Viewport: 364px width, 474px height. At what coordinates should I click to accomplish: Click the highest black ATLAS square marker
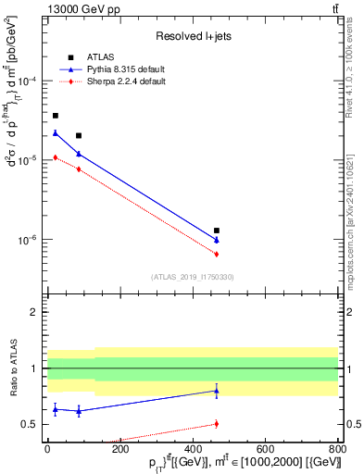point(56,116)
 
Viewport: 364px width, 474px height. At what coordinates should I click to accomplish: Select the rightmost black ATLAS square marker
point(217,231)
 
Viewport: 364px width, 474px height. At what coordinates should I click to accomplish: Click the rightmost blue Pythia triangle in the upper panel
point(217,241)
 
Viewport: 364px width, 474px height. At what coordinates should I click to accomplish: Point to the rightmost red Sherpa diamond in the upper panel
point(217,254)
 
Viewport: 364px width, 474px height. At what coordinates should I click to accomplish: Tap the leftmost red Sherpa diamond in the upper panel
point(56,157)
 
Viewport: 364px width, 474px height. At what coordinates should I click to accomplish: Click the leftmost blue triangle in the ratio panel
point(56,408)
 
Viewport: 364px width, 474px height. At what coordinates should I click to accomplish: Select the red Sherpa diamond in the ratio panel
point(217,424)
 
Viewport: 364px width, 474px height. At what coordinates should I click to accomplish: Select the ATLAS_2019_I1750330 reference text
point(193,277)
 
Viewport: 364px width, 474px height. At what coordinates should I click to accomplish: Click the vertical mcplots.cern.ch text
point(357,213)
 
